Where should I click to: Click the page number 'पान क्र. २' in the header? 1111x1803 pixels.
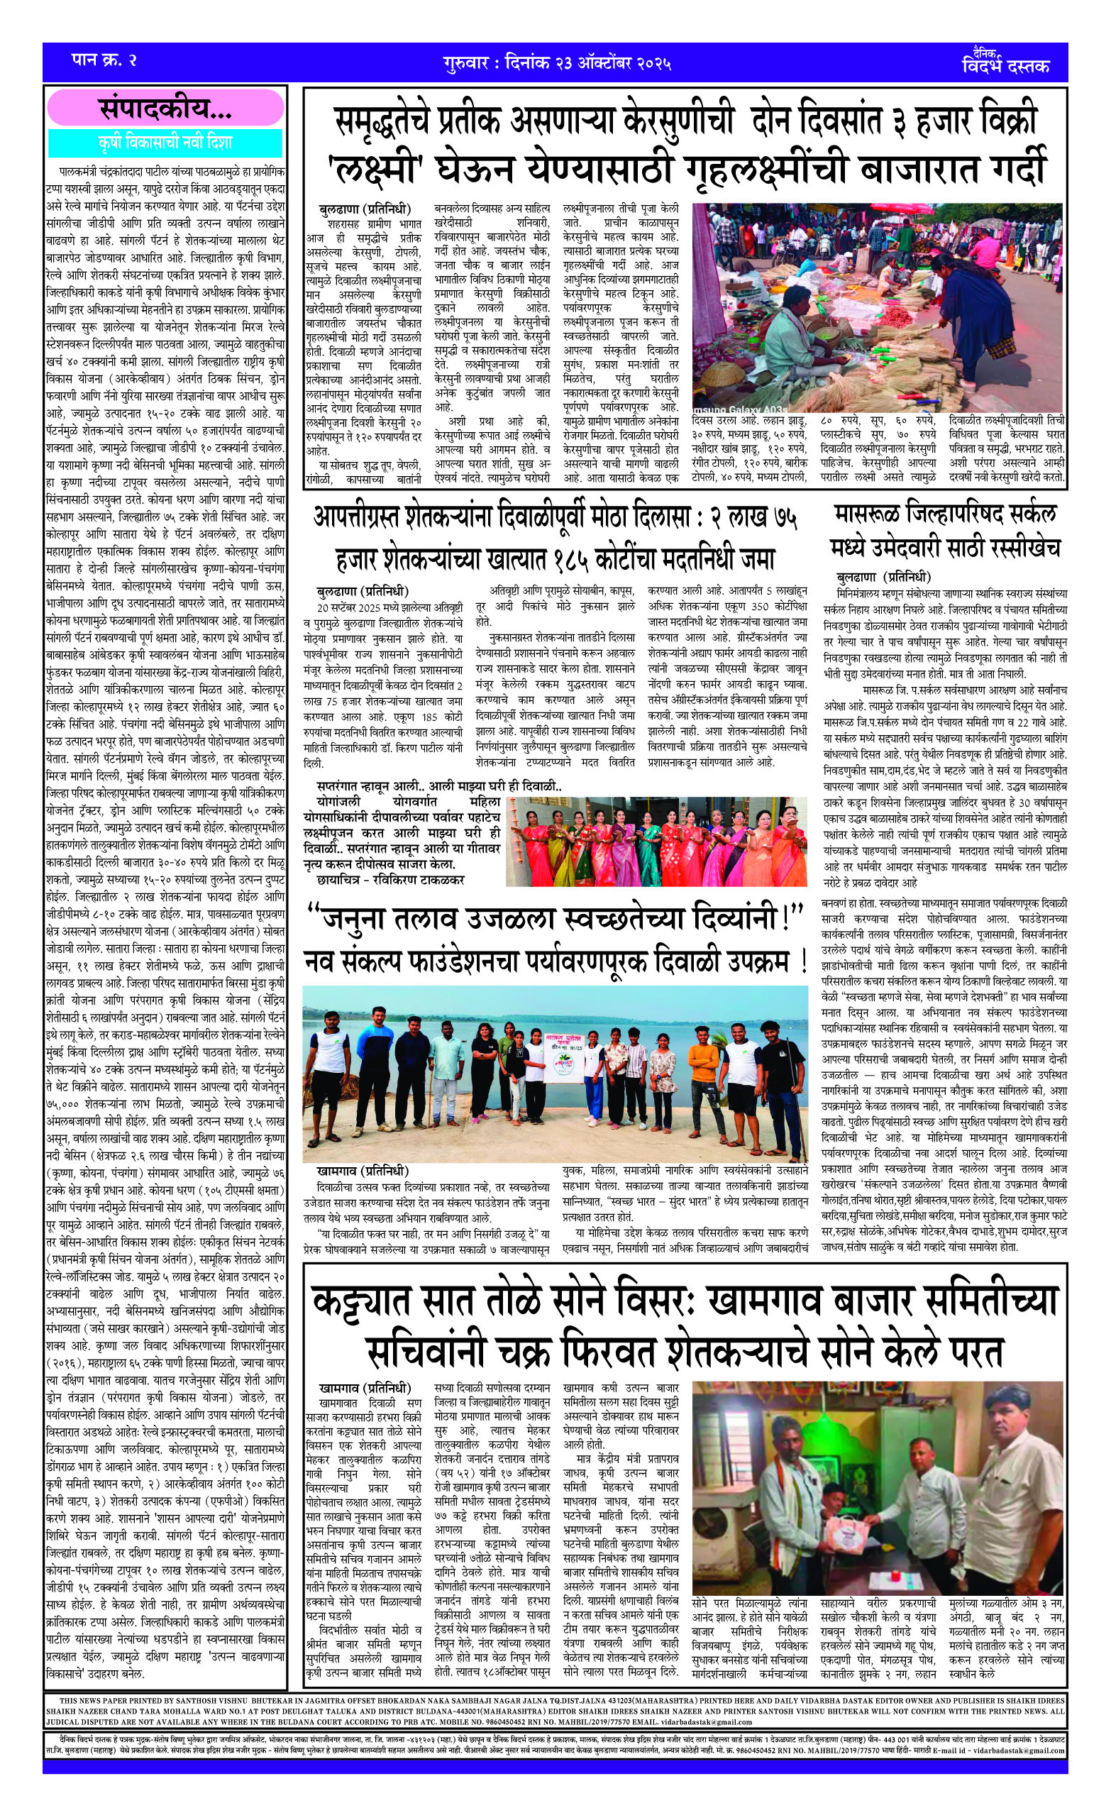[104, 60]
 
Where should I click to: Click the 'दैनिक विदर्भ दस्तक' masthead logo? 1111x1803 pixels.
[1005, 62]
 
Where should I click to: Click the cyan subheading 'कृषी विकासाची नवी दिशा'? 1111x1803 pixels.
[165, 142]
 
